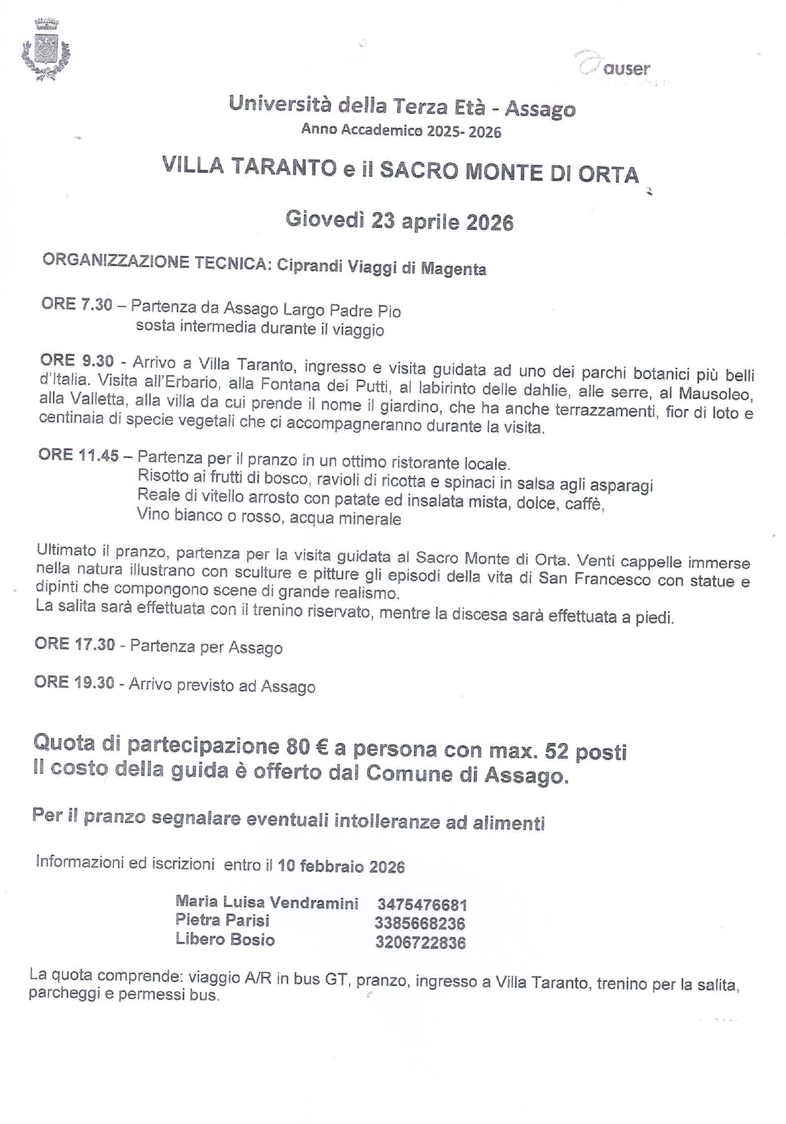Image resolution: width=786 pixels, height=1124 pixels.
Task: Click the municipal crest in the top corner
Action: [x=46, y=50]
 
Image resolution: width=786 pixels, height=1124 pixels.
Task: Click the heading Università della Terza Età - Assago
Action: [x=402, y=106]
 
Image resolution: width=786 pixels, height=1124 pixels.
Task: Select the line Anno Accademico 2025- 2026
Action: [x=401, y=131]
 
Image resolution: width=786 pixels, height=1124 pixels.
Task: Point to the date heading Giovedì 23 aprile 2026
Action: [x=399, y=221]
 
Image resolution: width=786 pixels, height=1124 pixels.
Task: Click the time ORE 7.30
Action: [x=77, y=304]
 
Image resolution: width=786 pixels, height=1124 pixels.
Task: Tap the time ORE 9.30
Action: [x=77, y=361]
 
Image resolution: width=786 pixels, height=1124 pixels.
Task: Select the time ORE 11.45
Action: [x=79, y=455]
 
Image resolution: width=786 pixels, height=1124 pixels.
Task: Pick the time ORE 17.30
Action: [x=75, y=644]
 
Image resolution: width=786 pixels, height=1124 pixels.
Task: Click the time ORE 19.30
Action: [x=75, y=682]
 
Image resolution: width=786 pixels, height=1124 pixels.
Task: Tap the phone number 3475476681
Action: [x=422, y=905]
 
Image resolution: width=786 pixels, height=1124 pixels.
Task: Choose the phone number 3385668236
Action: [x=420, y=924]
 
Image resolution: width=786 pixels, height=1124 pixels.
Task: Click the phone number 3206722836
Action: [x=421, y=943]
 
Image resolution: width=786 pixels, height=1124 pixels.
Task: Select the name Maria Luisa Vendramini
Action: [x=267, y=903]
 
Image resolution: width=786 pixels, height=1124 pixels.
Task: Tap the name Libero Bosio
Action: [x=225, y=939]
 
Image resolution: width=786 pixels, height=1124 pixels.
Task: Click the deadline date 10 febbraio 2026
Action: [x=341, y=867]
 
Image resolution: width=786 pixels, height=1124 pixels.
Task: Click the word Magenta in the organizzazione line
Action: [x=453, y=268]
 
